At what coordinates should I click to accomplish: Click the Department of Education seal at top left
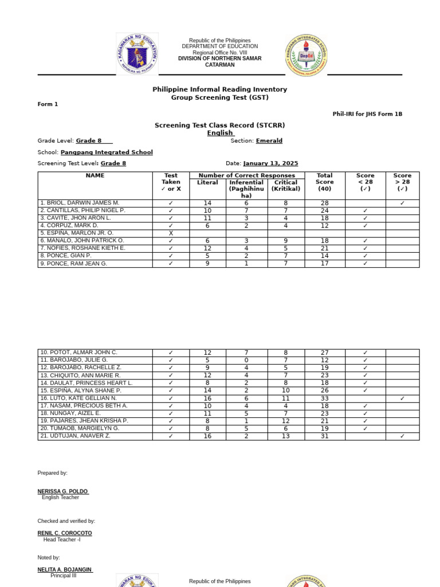137,54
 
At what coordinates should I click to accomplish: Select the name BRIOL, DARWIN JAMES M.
80,203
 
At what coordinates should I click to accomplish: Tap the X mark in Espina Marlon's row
171,233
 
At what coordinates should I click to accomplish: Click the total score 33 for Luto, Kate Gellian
324,398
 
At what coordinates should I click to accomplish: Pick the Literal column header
207,182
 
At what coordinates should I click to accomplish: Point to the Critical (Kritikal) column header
285,186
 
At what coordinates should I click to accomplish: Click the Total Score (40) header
324,182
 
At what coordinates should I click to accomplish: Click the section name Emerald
269,140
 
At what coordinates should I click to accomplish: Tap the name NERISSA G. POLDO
63,491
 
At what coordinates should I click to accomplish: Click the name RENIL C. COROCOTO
65,533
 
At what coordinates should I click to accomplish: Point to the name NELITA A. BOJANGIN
65,569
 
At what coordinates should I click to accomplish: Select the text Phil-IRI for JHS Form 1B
367,114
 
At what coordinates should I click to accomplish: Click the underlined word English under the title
220,133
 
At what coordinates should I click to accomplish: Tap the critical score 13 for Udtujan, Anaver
285,436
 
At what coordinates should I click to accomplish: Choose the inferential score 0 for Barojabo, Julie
246,360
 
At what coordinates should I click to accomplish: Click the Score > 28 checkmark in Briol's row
402,203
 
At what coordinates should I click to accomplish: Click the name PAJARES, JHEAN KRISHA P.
84,420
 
